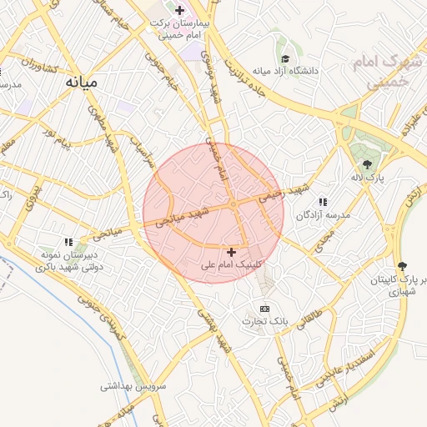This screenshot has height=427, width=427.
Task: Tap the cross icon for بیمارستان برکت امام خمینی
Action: click(x=179, y=10)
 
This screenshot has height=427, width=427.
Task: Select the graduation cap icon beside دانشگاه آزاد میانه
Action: click(x=285, y=59)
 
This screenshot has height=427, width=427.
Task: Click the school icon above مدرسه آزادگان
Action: click(x=323, y=202)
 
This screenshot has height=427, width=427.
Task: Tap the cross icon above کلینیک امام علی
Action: click(x=231, y=251)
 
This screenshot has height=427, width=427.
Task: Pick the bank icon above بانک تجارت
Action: click(x=265, y=309)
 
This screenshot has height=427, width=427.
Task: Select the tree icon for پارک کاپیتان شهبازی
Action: click(x=403, y=266)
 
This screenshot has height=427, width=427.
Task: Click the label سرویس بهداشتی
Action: click(x=133, y=386)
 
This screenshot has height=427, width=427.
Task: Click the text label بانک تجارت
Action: click(x=265, y=321)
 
